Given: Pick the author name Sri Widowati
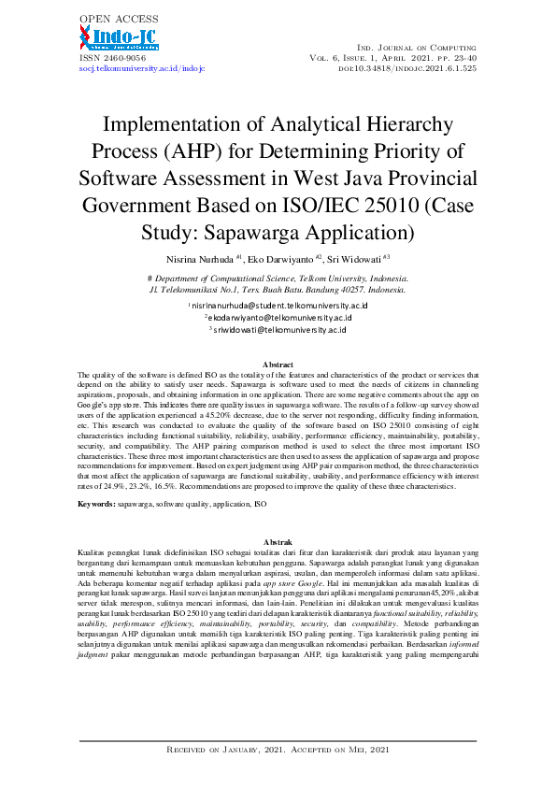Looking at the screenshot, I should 358,257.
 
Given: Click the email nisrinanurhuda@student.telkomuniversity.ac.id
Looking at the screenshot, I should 279,306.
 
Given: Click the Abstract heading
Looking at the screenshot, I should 278,364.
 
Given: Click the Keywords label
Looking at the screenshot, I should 96,504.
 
